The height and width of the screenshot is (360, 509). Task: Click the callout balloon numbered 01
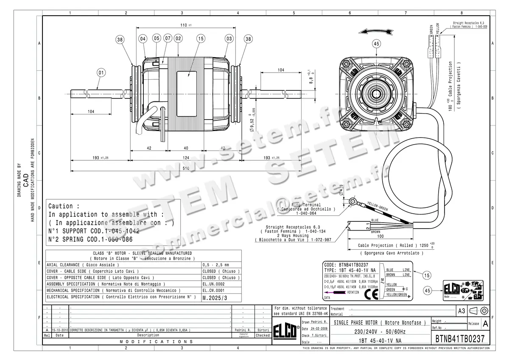(x=101, y=72)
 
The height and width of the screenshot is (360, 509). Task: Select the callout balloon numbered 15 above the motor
(x=200, y=39)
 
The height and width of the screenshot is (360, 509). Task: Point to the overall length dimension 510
(x=186, y=167)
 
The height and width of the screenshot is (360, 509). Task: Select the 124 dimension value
(x=186, y=158)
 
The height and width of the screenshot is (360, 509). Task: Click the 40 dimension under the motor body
(x=186, y=148)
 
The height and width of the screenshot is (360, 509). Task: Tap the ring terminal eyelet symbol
(x=352, y=201)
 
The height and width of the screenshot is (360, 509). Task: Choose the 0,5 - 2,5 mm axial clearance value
(x=216, y=264)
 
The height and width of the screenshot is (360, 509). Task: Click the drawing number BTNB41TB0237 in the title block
(x=460, y=340)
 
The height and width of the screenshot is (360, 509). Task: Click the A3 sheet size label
(x=461, y=311)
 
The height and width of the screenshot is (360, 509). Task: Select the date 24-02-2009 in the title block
(x=319, y=329)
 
